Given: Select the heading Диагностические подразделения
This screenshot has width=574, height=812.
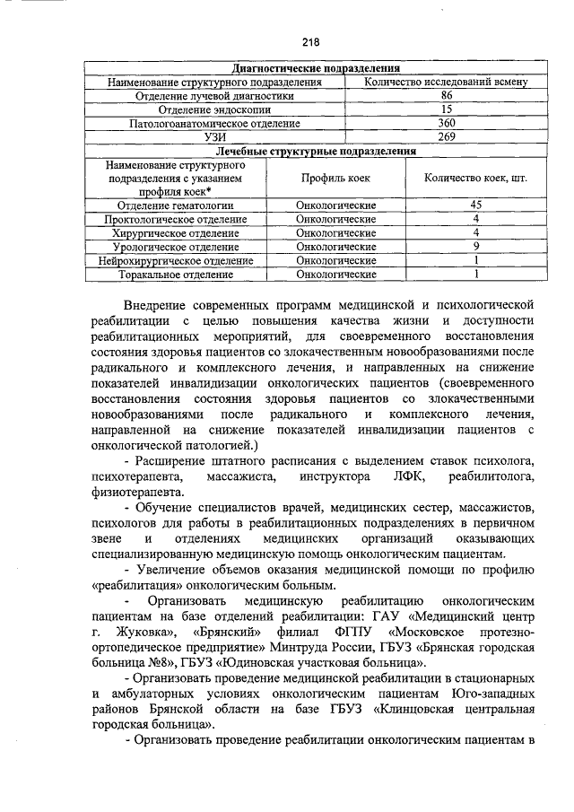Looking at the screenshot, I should coord(315,69).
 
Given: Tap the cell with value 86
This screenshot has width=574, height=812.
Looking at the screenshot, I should coord(447,96).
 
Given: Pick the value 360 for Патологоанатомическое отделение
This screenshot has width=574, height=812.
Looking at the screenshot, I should coord(447,123).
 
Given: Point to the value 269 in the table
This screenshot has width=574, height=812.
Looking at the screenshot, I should coord(447,137).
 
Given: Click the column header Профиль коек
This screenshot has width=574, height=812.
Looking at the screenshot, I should coord(335,179).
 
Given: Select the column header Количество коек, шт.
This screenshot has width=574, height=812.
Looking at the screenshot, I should coord(475,179).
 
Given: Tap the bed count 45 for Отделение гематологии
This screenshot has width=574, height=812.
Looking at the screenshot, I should coord(475,205).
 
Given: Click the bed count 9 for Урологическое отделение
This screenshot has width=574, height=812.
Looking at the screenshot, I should coord(475,246).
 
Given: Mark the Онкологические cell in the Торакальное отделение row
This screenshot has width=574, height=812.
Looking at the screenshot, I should coord(335,274).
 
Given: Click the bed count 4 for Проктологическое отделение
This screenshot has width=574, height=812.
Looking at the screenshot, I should coord(475,219).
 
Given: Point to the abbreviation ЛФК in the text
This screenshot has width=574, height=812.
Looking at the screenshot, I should coord(392,475).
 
